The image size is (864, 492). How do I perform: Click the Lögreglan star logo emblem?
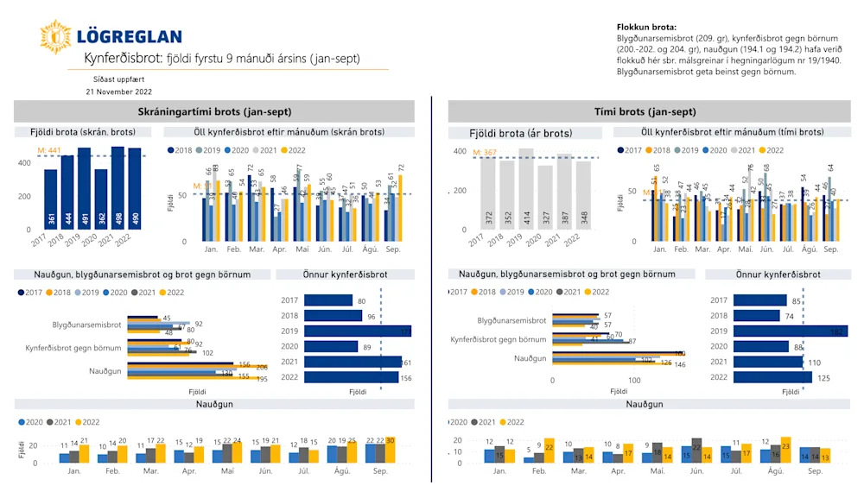click(x=54, y=37)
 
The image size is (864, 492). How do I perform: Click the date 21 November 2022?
click(x=118, y=91)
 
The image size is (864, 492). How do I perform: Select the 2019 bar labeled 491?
click(x=85, y=189)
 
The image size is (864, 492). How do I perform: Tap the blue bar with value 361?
click(x=51, y=199)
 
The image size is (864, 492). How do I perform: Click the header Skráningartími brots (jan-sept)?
click(x=214, y=112)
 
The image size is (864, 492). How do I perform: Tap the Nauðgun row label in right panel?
click(x=530, y=358)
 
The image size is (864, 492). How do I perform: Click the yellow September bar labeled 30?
click(x=390, y=451)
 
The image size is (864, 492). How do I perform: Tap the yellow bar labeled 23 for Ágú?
click(x=785, y=450)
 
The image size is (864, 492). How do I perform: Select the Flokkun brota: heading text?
click(x=646, y=28)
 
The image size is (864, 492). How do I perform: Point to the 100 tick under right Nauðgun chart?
click(x=634, y=381)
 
